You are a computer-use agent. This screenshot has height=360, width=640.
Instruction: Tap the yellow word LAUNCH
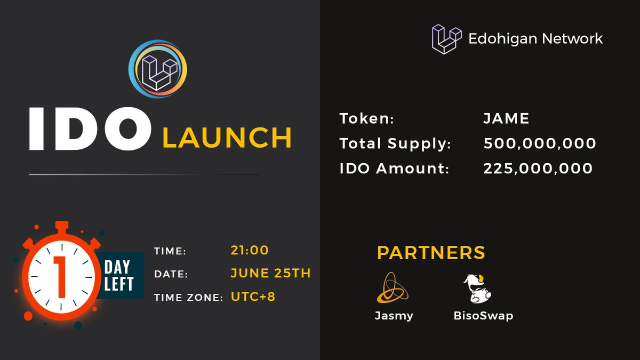click(227, 138)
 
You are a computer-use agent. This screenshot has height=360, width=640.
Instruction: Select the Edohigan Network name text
click(535, 38)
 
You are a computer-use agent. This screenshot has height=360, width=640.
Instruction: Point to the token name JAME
click(506, 118)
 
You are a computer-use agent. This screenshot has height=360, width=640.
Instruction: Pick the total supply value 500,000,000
click(540, 143)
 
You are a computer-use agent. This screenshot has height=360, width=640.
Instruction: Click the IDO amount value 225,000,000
click(538, 169)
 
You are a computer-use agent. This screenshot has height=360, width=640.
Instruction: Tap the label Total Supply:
click(395, 143)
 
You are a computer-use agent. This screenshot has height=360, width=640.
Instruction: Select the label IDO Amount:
click(394, 169)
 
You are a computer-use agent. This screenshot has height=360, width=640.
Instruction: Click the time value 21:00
click(250, 250)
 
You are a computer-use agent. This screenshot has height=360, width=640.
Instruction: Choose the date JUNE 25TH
click(270, 273)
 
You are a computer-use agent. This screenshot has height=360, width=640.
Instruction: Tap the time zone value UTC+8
click(253, 297)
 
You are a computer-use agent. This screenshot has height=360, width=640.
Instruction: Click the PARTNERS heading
click(431, 252)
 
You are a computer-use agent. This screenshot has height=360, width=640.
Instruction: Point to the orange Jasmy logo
click(393, 287)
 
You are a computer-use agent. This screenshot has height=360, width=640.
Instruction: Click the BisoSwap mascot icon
click(477, 288)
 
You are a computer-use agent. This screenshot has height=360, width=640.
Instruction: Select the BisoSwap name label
click(483, 315)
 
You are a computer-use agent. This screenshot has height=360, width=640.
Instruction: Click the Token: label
click(366, 118)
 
